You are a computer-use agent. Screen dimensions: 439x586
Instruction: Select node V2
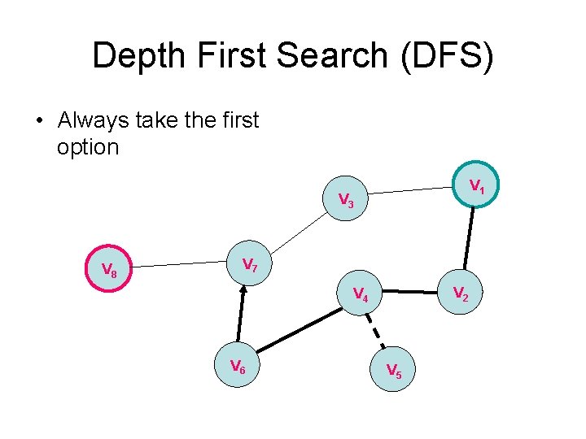pos(461,293)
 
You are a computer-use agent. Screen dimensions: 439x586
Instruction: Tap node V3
pos(346,199)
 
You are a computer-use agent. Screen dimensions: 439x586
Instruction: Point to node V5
pos(393,370)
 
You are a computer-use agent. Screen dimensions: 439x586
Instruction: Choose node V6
pos(237,367)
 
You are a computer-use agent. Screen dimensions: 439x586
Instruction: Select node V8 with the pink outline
pos(109,269)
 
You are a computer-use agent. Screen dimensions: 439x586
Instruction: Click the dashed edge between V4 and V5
pos(376,332)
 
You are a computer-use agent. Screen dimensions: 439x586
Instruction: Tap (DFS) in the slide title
pos(448,56)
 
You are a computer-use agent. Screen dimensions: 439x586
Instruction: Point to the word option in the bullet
pos(88,147)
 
